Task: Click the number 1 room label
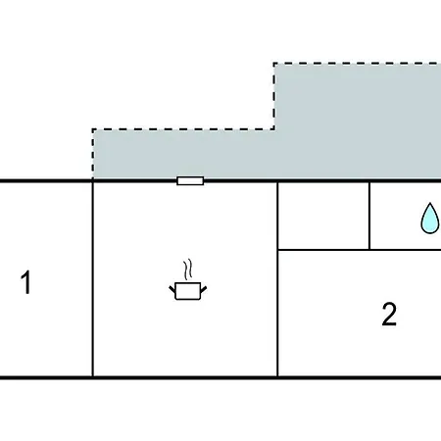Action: point(26,282)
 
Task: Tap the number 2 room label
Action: point(389,315)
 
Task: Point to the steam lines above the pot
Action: point(188,269)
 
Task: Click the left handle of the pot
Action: point(172,289)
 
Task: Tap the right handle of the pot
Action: point(203,289)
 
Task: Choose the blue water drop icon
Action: point(430,218)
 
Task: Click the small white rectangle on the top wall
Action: point(190,180)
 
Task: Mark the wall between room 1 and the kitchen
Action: point(93,279)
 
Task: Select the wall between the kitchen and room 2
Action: point(277,279)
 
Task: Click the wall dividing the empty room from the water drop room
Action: point(369,216)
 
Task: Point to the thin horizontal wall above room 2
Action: point(360,250)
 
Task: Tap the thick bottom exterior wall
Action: point(220,378)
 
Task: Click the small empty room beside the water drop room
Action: point(323,216)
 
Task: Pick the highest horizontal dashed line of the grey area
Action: point(358,63)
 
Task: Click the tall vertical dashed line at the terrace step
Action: point(274,96)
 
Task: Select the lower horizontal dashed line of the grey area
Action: point(183,129)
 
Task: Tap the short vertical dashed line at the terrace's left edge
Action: point(93,154)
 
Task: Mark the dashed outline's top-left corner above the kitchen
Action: point(93,129)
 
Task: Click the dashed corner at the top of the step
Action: point(274,63)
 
